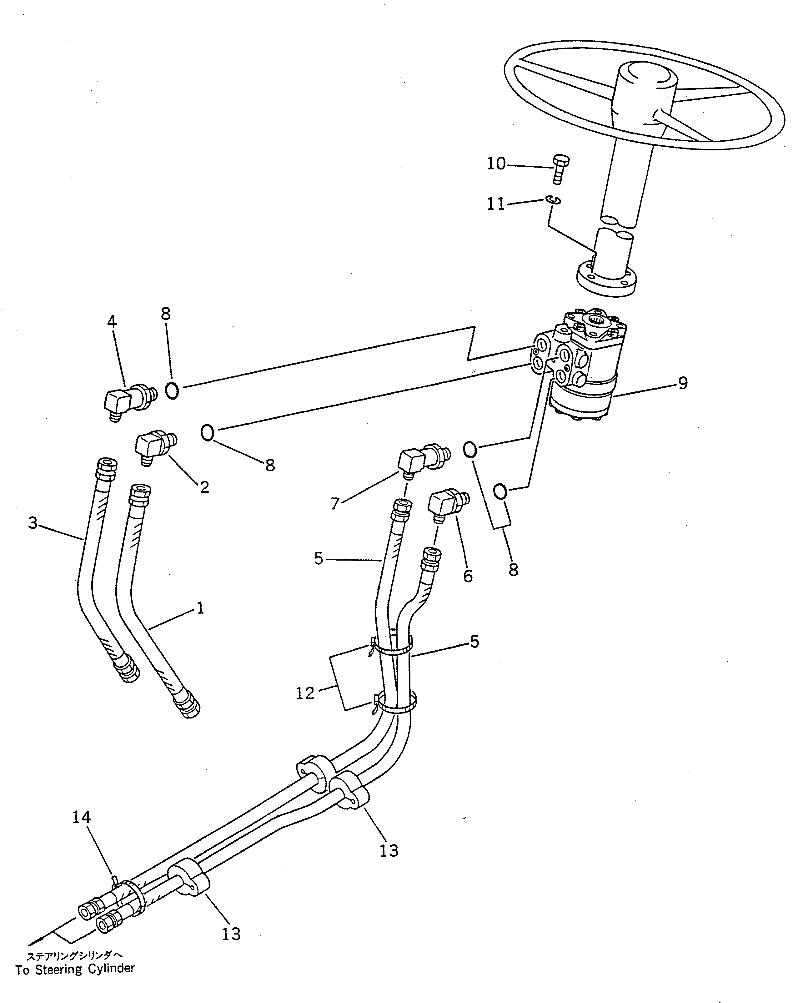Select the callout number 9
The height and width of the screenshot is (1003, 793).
click(x=682, y=383)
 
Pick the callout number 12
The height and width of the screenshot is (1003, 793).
click(x=305, y=706)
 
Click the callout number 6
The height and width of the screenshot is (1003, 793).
click(x=468, y=576)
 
